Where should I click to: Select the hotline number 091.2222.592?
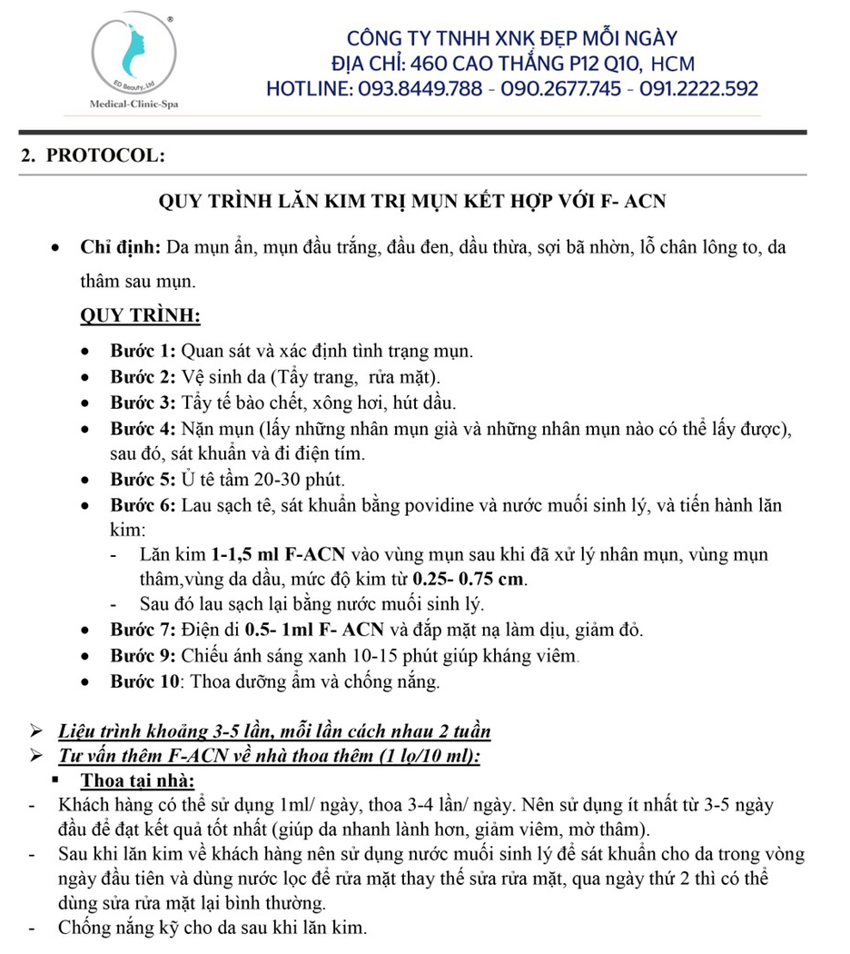(x=699, y=89)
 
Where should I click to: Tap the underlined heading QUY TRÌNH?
(x=141, y=316)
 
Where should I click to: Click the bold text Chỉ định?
(x=121, y=248)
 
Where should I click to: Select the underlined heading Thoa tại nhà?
(x=137, y=780)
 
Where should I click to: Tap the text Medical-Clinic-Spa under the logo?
(x=134, y=104)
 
